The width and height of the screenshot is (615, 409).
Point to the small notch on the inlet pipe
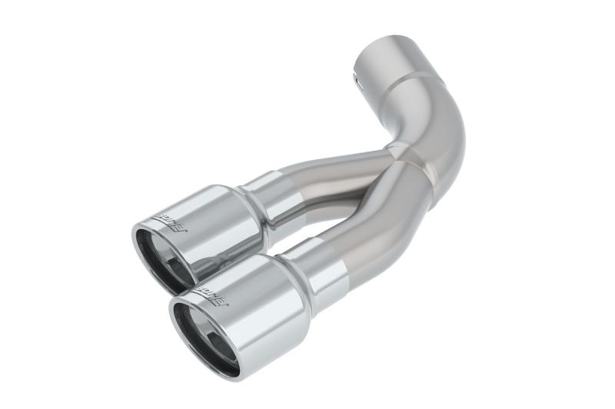point(356,75)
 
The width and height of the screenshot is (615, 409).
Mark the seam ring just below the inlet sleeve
point(415,78)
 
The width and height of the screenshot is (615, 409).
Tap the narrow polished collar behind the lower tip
point(315,265)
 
